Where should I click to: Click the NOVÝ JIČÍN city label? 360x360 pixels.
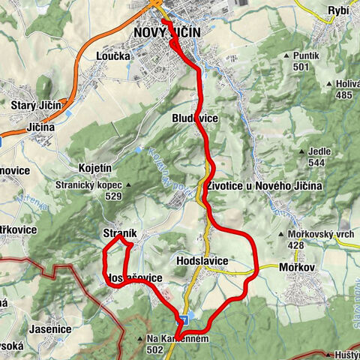point(168,33)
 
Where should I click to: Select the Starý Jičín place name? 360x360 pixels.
point(35,104)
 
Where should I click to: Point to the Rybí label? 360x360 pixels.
point(338,10)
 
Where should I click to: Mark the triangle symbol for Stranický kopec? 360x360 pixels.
point(129,185)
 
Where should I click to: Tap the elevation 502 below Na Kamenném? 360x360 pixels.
point(156,349)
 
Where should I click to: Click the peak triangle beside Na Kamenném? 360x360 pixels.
point(140,340)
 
